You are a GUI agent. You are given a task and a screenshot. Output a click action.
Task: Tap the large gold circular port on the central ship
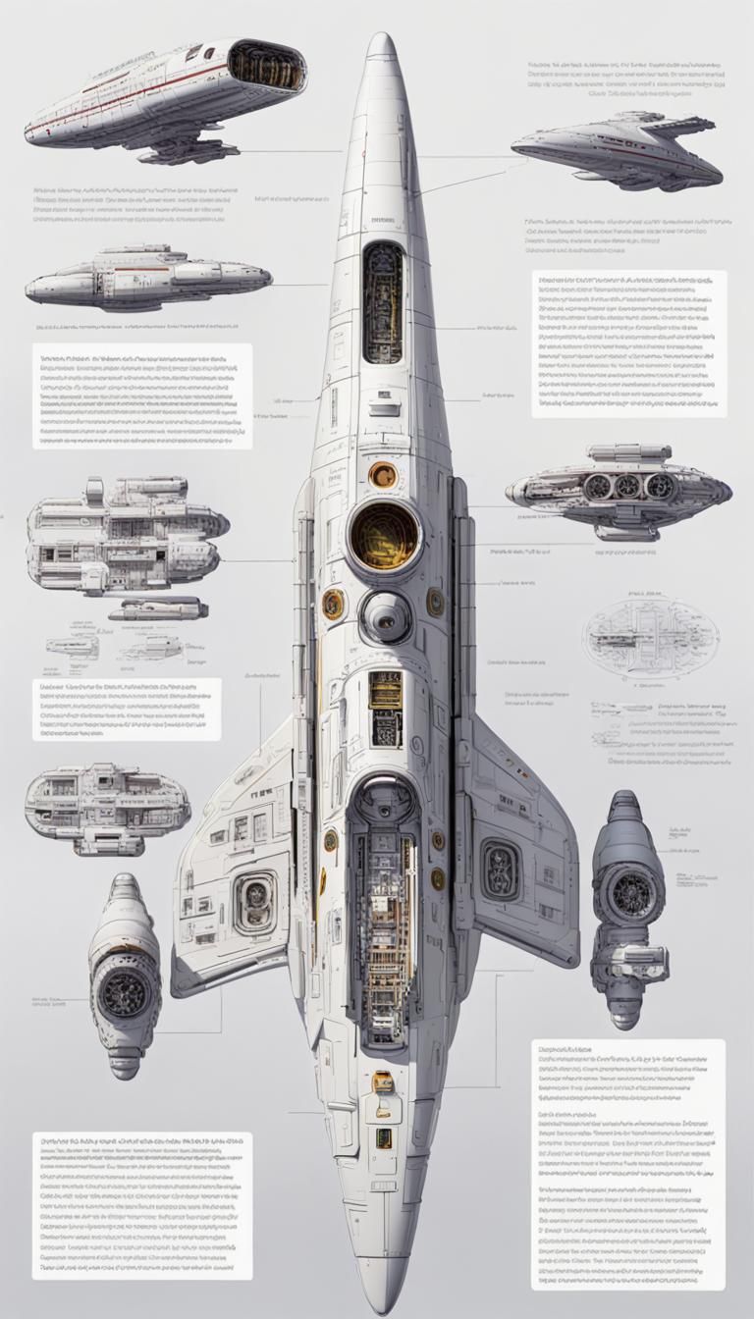click(384, 536)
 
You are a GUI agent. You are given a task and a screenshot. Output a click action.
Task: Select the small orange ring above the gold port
click(383, 475)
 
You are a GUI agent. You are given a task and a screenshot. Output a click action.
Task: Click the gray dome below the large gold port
click(386, 616)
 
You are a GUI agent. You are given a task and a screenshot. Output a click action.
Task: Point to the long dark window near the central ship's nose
click(383, 303)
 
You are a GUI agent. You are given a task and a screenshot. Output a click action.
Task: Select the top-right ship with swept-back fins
click(619, 150)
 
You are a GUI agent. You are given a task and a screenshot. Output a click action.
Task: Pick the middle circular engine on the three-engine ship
click(628, 486)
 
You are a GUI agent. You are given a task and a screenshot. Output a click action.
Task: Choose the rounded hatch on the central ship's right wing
click(501, 869)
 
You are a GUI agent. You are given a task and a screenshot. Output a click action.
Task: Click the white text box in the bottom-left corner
click(142, 1205)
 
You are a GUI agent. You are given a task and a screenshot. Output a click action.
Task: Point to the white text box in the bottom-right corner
click(628, 1164)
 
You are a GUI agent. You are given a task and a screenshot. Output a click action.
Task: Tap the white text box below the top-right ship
click(629, 344)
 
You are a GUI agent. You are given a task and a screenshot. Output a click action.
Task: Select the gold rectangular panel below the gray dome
click(386, 690)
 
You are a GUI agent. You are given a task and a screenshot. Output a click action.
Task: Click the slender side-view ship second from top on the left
click(147, 279)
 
